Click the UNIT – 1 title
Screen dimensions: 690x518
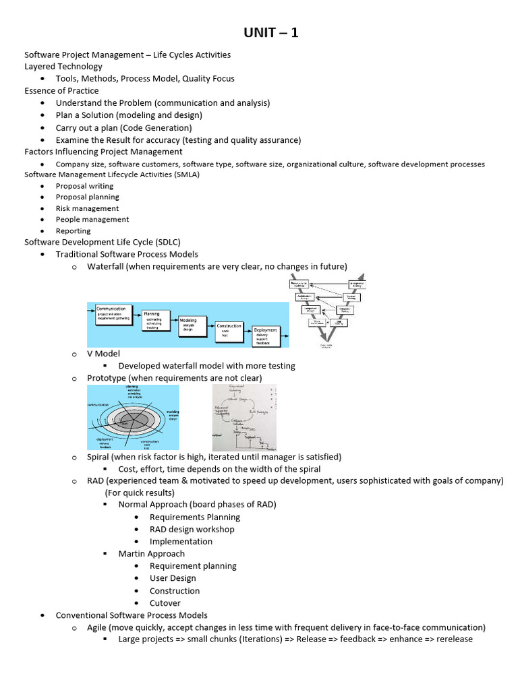(270, 32)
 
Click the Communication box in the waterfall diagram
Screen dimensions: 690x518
(113, 313)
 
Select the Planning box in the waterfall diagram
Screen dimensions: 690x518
(156, 319)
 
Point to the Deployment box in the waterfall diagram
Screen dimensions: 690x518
(267, 336)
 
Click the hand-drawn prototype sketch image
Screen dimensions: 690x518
(244, 418)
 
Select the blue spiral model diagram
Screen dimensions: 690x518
(133, 417)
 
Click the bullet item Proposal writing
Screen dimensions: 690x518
(84, 186)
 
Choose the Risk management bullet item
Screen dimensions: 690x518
(87, 208)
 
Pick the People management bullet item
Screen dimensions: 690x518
(92, 219)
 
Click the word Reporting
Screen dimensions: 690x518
(73, 230)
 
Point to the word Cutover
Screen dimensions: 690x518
(165, 603)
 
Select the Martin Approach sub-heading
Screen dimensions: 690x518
(151, 554)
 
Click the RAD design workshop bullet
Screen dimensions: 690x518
(192, 529)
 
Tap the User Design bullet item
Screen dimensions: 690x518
(173, 578)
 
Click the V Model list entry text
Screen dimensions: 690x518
(105, 353)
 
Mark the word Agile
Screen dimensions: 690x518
(98, 627)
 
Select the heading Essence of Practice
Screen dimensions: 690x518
(61, 90)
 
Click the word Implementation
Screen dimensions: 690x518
(181, 541)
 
